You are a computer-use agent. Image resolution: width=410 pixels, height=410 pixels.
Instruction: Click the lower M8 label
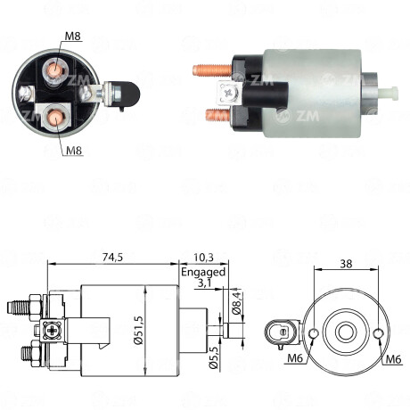click(x=72, y=151)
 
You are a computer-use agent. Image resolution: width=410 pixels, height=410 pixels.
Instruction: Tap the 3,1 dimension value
click(x=203, y=283)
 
